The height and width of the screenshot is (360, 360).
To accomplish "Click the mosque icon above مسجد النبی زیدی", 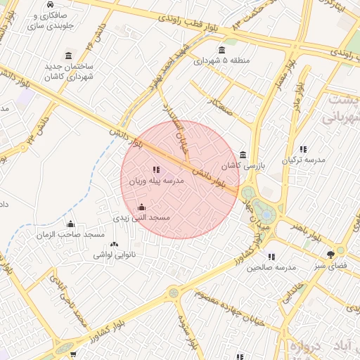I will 142,207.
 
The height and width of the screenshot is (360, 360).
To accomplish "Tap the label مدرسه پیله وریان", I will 155,181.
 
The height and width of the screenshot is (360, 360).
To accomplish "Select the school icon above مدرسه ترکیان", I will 303,149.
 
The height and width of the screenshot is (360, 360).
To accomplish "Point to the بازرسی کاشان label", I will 240,167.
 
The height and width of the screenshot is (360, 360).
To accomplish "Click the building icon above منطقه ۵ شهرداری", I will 222,49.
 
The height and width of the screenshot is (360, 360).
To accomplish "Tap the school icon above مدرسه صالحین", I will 271,257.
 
